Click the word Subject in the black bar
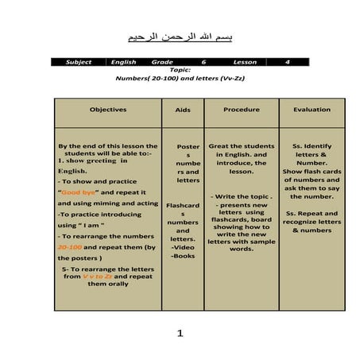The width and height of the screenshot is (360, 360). (79, 62)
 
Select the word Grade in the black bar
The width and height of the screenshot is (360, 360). (163, 62)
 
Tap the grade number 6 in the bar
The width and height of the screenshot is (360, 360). (203, 62)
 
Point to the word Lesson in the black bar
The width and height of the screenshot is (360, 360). (245, 62)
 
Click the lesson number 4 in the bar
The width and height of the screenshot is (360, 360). (287, 62)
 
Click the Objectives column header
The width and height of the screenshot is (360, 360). (108, 109)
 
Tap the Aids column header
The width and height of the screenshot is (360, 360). (183, 110)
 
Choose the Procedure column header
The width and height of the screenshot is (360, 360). (242, 109)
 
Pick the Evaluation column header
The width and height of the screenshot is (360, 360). (312, 109)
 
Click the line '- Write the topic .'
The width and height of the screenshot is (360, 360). (242, 196)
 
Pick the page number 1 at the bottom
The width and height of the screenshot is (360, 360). (180, 334)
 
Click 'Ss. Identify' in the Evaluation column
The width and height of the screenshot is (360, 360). (312, 146)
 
